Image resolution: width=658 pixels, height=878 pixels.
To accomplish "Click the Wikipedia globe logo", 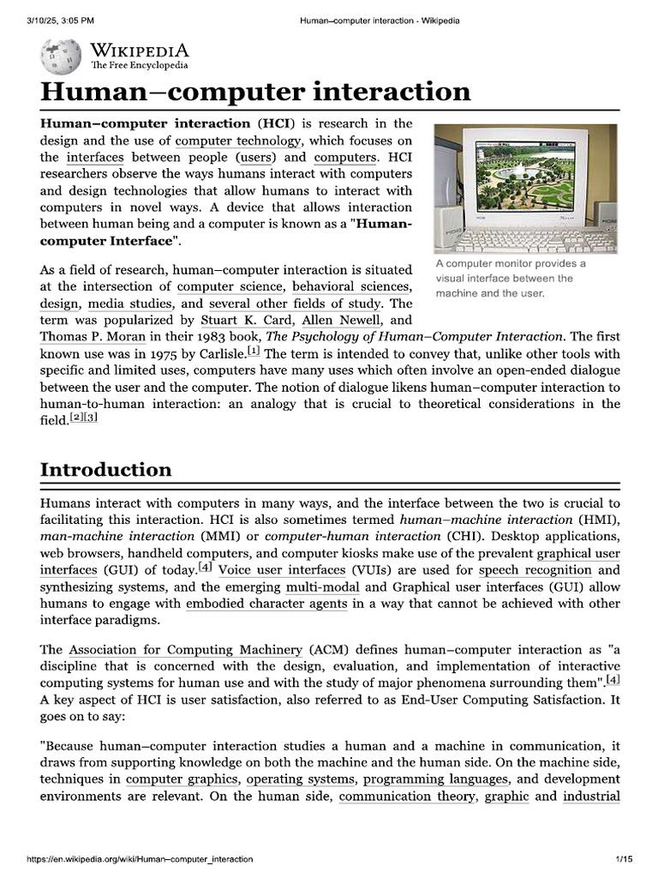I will pos(61,56).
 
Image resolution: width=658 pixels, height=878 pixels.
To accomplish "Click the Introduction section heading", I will pos(105,470).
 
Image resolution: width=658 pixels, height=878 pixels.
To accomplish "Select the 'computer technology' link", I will pos(238,141).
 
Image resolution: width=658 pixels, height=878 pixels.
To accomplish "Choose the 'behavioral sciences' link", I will pos(350,286).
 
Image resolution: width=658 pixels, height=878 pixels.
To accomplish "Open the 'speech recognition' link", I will pos(535,569).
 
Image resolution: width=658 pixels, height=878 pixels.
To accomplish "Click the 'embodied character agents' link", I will pos(266,603).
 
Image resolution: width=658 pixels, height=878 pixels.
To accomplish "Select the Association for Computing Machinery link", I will pos(185,650).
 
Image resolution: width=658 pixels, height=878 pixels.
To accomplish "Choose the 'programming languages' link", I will pos(437,779).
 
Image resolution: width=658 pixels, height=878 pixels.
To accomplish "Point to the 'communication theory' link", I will pos(407,796).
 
